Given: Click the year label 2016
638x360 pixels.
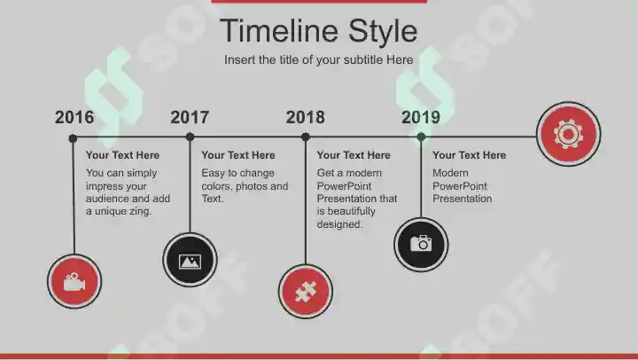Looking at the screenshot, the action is pyautogui.click(x=74, y=117).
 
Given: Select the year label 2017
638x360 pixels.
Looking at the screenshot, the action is pyautogui.click(x=190, y=117).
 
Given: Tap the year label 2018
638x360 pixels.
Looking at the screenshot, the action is pyautogui.click(x=305, y=117).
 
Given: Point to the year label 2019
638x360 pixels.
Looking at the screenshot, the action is pyautogui.click(x=421, y=117).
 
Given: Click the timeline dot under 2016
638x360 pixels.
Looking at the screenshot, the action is pyautogui.click(x=73, y=138).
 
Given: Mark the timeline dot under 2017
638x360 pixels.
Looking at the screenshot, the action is pyautogui.click(x=190, y=137).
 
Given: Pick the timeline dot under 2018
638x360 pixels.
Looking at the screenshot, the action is pyautogui.click(x=306, y=137).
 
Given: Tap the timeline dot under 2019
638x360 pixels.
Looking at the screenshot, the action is pyautogui.click(x=421, y=137).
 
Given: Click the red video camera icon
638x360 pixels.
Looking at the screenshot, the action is pyautogui.click(x=74, y=281).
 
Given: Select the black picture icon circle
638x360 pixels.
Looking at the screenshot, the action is pyautogui.click(x=190, y=260).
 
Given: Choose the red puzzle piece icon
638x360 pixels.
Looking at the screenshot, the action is pyautogui.click(x=306, y=292).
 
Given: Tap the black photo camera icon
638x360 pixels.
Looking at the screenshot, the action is pyautogui.click(x=421, y=245).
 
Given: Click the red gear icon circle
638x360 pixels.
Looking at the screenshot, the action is pyautogui.click(x=568, y=134).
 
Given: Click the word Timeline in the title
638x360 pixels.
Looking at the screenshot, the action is pyautogui.click(x=279, y=30).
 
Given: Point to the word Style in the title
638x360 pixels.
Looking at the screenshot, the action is pyautogui.click(x=383, y=32).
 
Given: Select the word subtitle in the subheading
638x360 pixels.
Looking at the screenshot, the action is pyautogui.click(x=363, y=60).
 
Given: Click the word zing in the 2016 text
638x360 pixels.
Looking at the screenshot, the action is pyautogui.click(x=139, y=212).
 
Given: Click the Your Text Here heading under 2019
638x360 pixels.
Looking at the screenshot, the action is pyautogui.click(x=469, y=155).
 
